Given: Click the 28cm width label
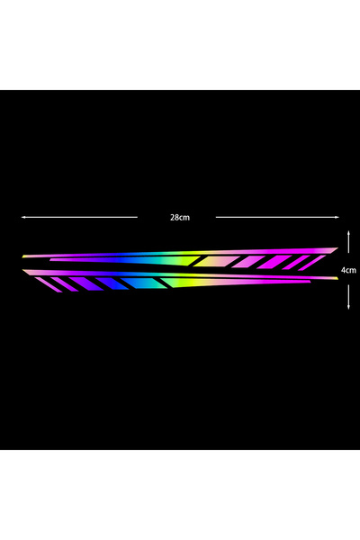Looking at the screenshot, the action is [x=180, y=217].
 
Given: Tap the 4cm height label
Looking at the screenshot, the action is [x=348, y=270].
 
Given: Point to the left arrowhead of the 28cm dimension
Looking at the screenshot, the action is [x=23, y=217].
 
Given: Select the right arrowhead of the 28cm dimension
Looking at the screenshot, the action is [x=337, y=217].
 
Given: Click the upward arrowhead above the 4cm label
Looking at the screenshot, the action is [x=348, y=233].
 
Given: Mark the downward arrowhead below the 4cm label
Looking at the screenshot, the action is [x=348, y=306].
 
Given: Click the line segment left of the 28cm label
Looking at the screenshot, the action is [x=79, y=217].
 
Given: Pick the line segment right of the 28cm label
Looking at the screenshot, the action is [x=277, y=217].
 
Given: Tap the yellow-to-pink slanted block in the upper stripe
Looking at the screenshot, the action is [x=216, y=261].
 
